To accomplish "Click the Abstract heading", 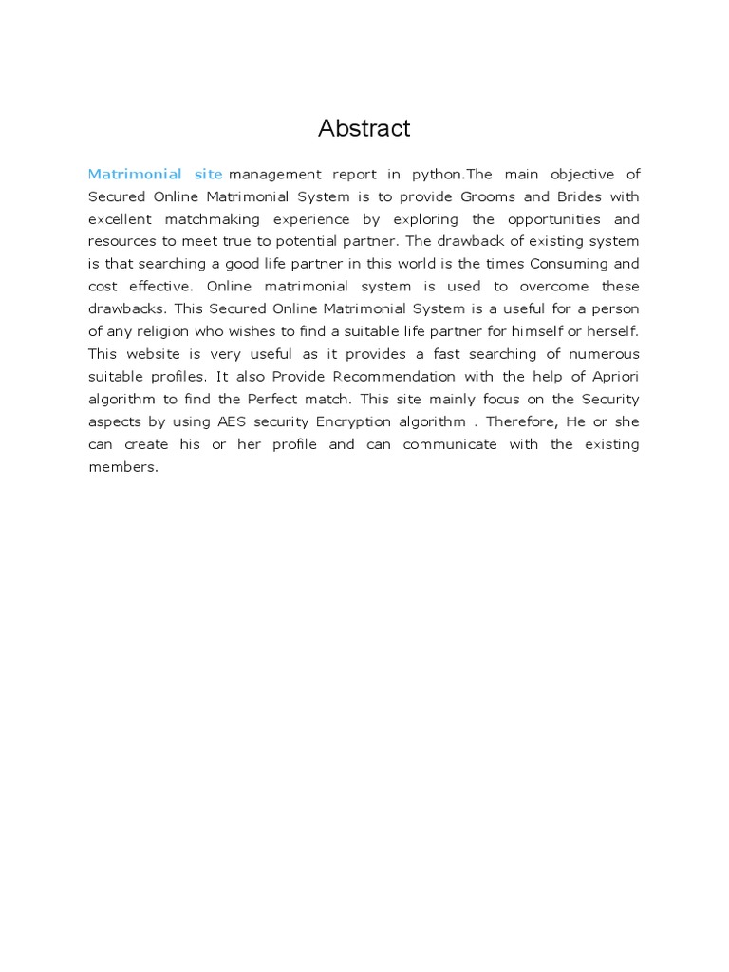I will [364, 129].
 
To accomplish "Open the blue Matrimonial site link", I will [155, 174].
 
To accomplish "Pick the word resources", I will [122, 241].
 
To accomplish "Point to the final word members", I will [121, 467].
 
